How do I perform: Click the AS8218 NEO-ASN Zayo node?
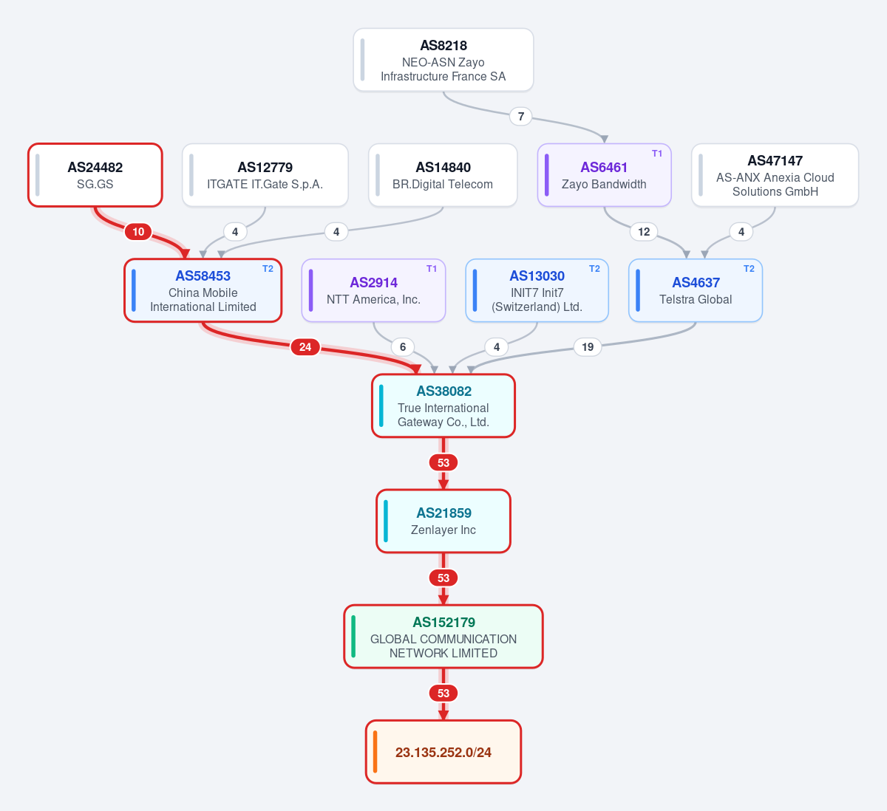pyautogui.click(x=443, y=60)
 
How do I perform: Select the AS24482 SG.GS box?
pyautogui.click(x=95, y=175)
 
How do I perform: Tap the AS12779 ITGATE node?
pyautogui.click(x=265, y=175)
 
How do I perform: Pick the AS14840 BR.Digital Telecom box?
pyautogui.click(x=443, y=175)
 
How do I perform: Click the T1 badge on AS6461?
pyautogui.click(x=656, y=154)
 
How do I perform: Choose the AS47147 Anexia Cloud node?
pyautogui.click(x=775, y=175)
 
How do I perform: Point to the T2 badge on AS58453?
pyautogui.click(x=268, y=269)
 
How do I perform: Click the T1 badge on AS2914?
pyautogui.click(x=431, y=269)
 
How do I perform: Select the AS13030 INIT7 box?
pyautogui.click(x=537, y=290)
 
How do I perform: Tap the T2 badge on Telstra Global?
pyautogui.click(x=749, y=269)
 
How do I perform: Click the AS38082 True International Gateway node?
pyautogui.click(x=443, y=405)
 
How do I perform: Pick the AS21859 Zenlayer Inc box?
pyautogui.click(x=443, y=521)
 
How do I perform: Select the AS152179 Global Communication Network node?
pyautogui.click(x=443, y=637)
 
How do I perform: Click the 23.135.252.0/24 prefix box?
pyautogui.click(x=443, y=752)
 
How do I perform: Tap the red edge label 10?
pyautogui.click(x=138, y=232)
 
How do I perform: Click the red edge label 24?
pyautogui.click(x=305, y=347)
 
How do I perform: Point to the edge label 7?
pyautogui.click(x=521, y=116)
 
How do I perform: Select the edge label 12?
pyautogui.click(x=644, y=232)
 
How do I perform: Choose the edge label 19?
pyautogui.click(x=587, y=347)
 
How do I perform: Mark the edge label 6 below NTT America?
pyautogui.click(x=402, y=347)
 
